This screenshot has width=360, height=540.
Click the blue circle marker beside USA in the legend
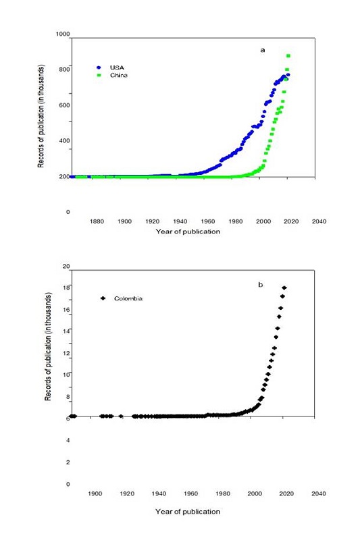pyautogui.click(x=99, y=67)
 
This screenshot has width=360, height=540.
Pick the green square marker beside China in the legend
pyautogui.click(x=99, y=76)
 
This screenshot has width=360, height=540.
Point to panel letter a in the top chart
pyautogui.click(x=261, y=50)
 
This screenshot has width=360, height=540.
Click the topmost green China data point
pyautogui.click(x=289, y=56)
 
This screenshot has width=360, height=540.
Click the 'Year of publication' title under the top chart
pyautogui.click(x=186, y=231)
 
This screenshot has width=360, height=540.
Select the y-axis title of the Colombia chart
pyautogui.click(x=49, y=348)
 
